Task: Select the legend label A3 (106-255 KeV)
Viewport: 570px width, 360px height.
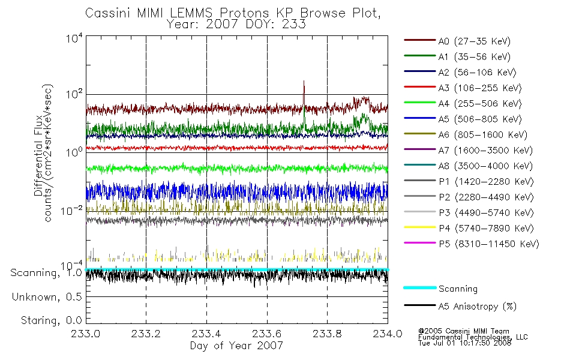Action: tap(480, 88)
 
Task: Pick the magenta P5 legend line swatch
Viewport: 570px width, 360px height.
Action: tap(419, 242)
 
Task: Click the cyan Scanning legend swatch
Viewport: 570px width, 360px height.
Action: tap(419, 287)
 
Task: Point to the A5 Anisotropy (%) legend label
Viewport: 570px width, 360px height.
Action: tap(478, 307)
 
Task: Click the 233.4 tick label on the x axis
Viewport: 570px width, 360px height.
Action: tap(206, 334)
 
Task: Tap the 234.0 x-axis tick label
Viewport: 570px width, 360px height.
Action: tap(388, 334)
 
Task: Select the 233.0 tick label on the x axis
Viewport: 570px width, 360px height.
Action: tap(86, 334)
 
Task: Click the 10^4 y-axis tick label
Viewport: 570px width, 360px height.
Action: tap(74, 38)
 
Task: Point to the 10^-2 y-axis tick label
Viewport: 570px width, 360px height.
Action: tap(72, 210)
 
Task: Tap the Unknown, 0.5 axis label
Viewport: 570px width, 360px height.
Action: tap(47, 297)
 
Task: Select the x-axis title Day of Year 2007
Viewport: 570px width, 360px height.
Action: tap(236, 346)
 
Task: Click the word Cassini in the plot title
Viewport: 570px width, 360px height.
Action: tap(109, 13)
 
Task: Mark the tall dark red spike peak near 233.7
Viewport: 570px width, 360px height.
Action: tap(304, 81)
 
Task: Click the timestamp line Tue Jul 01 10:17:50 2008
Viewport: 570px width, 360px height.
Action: tap(464, 343)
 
